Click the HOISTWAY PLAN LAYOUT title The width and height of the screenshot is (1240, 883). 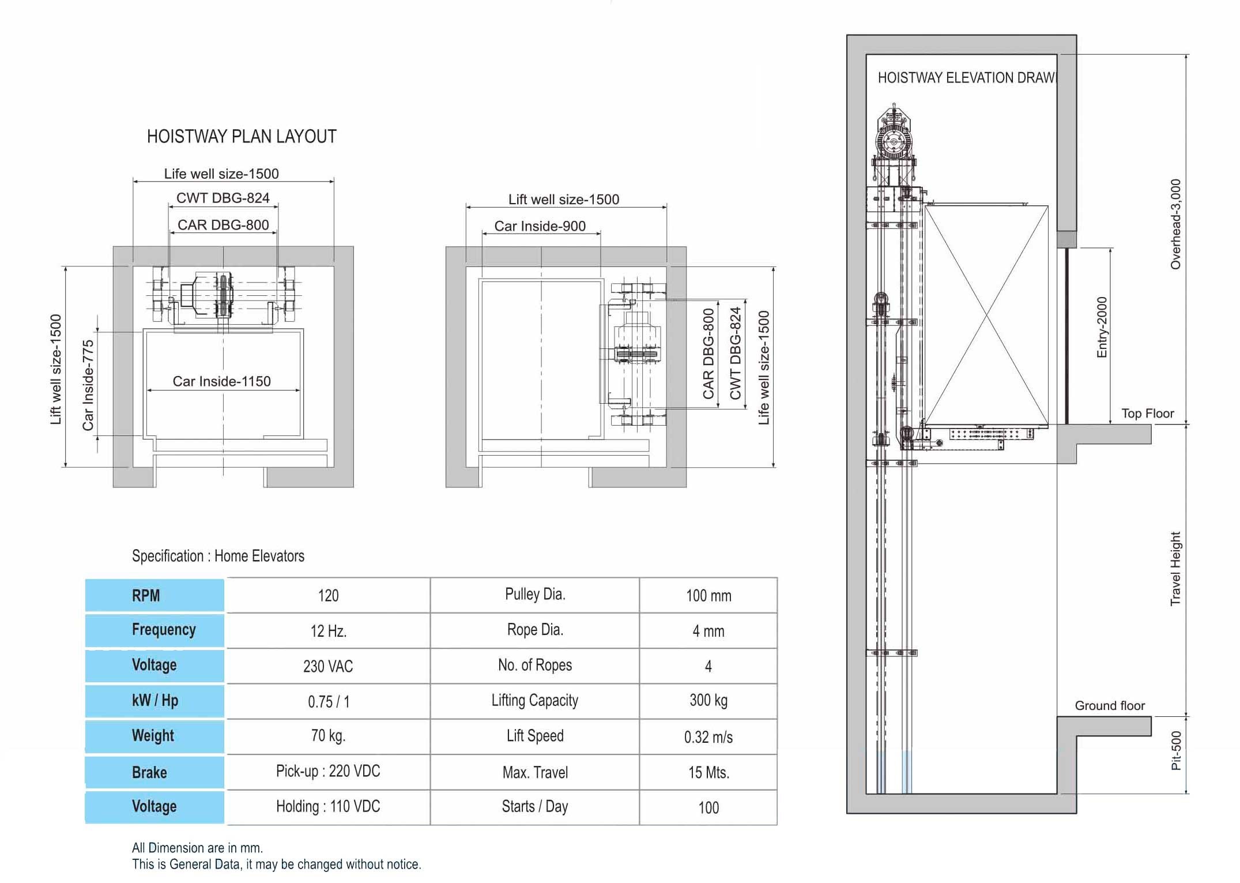pos(242,137)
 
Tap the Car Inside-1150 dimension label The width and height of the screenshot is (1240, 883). pos(222,381)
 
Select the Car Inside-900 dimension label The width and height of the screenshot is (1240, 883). pos(540,226)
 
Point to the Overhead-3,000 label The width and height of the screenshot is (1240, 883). pos(1175,224)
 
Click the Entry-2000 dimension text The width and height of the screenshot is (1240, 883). pos(1102,327)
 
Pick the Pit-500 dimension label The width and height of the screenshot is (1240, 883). pos(1176,750)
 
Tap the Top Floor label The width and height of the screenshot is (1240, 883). pos(1148,414)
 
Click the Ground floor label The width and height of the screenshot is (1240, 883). pos(1110,705)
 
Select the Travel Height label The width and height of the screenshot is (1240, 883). pos(1175,569)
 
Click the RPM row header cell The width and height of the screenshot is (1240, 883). pos(154,595)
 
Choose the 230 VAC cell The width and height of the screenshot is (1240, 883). pos(328,666)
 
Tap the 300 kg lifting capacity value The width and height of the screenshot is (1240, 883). pos(708,700)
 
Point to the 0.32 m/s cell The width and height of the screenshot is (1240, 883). pos(708,737)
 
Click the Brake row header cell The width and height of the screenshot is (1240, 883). pos(154,772)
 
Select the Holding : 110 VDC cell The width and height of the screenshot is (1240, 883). pos(328,806)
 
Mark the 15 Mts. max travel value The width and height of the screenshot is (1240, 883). pos(708,773)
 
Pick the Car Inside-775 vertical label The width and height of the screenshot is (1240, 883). pos(88,385)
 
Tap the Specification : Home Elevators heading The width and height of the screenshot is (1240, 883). pos(218,556)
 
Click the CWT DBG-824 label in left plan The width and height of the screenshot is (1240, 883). pos(223,198)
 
